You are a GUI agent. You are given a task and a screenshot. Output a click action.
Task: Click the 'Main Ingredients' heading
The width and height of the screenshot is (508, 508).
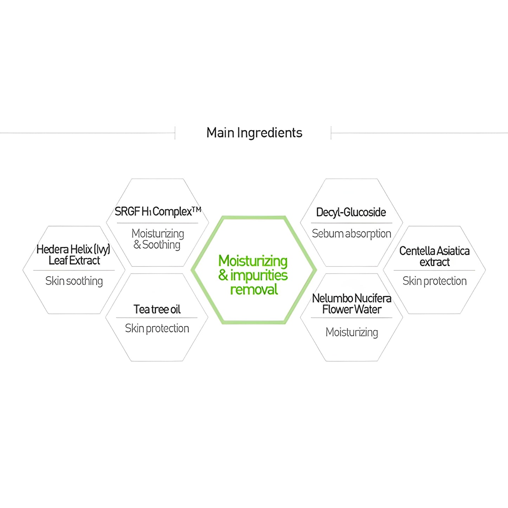point(254,133)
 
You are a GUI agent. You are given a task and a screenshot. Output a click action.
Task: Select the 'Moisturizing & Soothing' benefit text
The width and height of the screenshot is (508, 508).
point(157,239)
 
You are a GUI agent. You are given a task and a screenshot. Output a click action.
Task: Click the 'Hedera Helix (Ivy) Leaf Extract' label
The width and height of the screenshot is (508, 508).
point(73,255)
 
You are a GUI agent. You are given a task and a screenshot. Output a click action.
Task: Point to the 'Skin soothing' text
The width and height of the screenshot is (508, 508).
point(74,281)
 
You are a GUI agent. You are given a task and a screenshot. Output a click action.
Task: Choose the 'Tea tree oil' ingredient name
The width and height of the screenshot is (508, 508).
point(157,309)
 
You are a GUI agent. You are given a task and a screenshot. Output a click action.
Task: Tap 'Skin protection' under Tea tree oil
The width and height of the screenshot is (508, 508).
point(157,328)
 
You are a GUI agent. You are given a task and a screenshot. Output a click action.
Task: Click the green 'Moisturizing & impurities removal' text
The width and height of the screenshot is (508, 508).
point(253,275)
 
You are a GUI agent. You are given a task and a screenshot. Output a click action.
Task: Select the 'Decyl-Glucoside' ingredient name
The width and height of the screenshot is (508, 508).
point(351,212)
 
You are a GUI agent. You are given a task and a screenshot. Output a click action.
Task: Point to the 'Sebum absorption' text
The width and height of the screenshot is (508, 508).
point(352,234)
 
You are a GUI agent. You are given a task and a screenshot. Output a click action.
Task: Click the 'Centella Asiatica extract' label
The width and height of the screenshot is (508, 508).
point(435,257)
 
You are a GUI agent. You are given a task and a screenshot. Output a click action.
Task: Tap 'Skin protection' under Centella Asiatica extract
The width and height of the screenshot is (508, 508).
point(435,281)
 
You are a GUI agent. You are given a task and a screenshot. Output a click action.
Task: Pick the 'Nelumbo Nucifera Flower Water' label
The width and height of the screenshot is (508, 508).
point(352,304)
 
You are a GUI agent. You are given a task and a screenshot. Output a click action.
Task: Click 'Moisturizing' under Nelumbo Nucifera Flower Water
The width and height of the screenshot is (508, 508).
point(352,332)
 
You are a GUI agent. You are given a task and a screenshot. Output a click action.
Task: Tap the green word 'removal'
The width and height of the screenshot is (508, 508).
point(254,290)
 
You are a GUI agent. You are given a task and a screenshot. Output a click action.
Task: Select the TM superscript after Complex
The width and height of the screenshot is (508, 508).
point(197,210)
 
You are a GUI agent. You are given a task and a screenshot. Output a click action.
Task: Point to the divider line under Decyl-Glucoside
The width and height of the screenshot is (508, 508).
point(352,223)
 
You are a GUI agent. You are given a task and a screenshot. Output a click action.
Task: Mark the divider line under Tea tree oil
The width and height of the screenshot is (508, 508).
point(157,318)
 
